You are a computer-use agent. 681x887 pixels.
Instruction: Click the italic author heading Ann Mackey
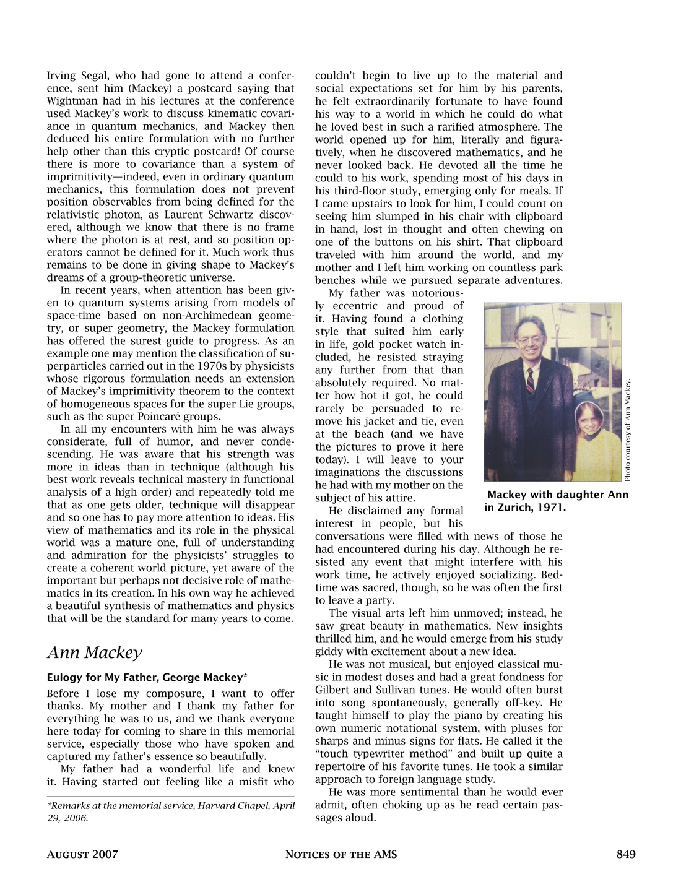point(95,652)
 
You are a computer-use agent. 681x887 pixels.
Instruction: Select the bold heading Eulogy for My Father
point(147,677)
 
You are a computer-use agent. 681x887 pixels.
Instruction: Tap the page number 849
point(626,855)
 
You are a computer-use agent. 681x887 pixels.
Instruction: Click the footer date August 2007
point(82,855)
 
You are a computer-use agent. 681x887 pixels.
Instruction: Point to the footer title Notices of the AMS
point(340,855)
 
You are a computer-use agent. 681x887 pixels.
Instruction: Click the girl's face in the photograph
point(586,420)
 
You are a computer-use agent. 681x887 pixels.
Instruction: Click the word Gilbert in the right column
point(334,690)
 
